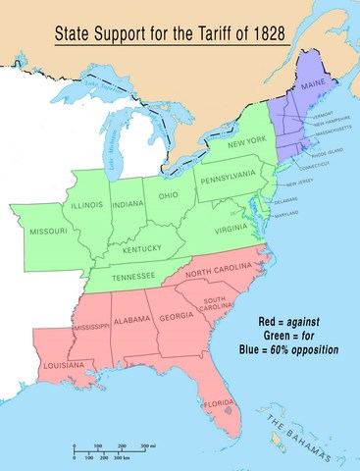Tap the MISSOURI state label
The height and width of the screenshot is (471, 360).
tap(48, 231)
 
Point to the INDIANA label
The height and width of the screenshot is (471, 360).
tap(129, 204)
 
